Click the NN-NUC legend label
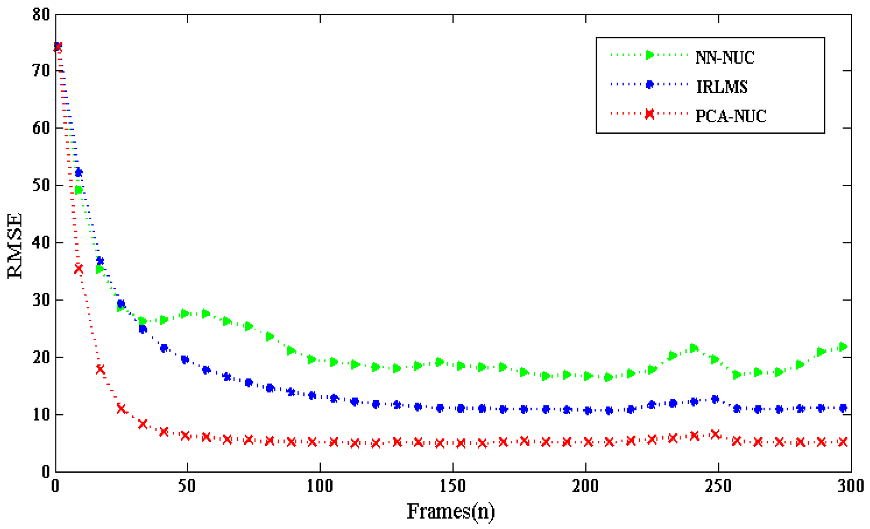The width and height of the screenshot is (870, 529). pos(725,58)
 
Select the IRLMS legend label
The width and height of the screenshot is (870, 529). pos(722,87)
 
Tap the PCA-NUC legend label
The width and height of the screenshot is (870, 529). pos(730,116)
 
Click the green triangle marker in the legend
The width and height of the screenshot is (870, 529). pos(650,55)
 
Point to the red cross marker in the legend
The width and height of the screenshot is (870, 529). pos(650,114)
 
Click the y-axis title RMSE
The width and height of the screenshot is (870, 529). pos(15,245)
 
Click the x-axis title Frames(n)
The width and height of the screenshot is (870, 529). pos(451,511)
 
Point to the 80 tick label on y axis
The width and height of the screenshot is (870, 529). pos(41,15)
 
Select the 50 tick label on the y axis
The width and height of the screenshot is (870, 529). pos(41,185)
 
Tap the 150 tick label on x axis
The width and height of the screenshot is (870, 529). pos(453,486)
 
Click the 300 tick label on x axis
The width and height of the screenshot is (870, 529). pos(850,486)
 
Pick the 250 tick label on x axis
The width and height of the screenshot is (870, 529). pos(718,486)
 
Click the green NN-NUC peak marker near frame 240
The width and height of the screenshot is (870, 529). pos(694,348)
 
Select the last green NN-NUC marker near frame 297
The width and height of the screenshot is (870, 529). pos(843,347)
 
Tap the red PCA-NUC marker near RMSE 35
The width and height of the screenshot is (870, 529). pos(79,269)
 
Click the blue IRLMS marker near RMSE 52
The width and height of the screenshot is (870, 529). pos(79,173)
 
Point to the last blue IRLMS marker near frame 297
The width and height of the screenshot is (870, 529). pos(843,408)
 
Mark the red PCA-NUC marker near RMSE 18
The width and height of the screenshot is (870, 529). pos(100,370)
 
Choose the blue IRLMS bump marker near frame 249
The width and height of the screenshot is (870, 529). pos(715,399)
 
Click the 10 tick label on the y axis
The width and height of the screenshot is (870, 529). pos(41,414)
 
